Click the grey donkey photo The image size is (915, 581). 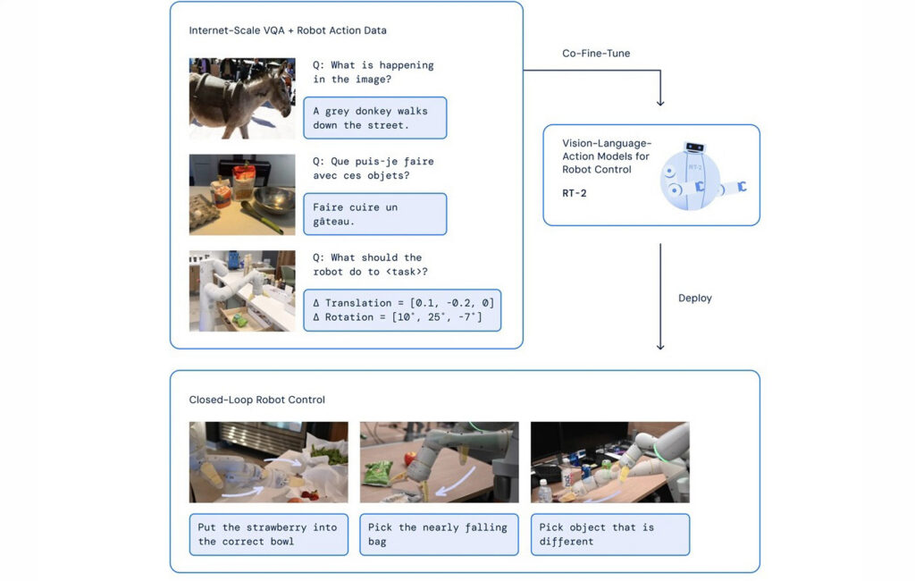[x=242, y=98]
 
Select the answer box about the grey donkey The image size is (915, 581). [x=374, y=118]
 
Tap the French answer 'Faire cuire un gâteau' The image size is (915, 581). [x=374, y=214]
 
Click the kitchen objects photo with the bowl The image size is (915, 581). [x=242, y=194]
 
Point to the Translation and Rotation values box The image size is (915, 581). [x=402, y=310]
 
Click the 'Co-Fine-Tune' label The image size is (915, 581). [x=596, y=54]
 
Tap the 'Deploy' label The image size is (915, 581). [x=695, y=298]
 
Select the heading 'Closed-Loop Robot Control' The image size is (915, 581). [x=257, y=400]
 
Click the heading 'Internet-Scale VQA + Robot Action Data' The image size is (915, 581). [x=288, y=30]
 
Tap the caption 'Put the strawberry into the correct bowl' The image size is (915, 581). [x=268, y=535]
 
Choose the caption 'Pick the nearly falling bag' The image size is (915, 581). [x=438, y=535]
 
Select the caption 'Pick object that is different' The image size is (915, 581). [x=609, y=535]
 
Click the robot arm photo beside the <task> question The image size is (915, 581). [x=242, y=290]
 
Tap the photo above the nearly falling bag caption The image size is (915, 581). [x=439, y=462]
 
